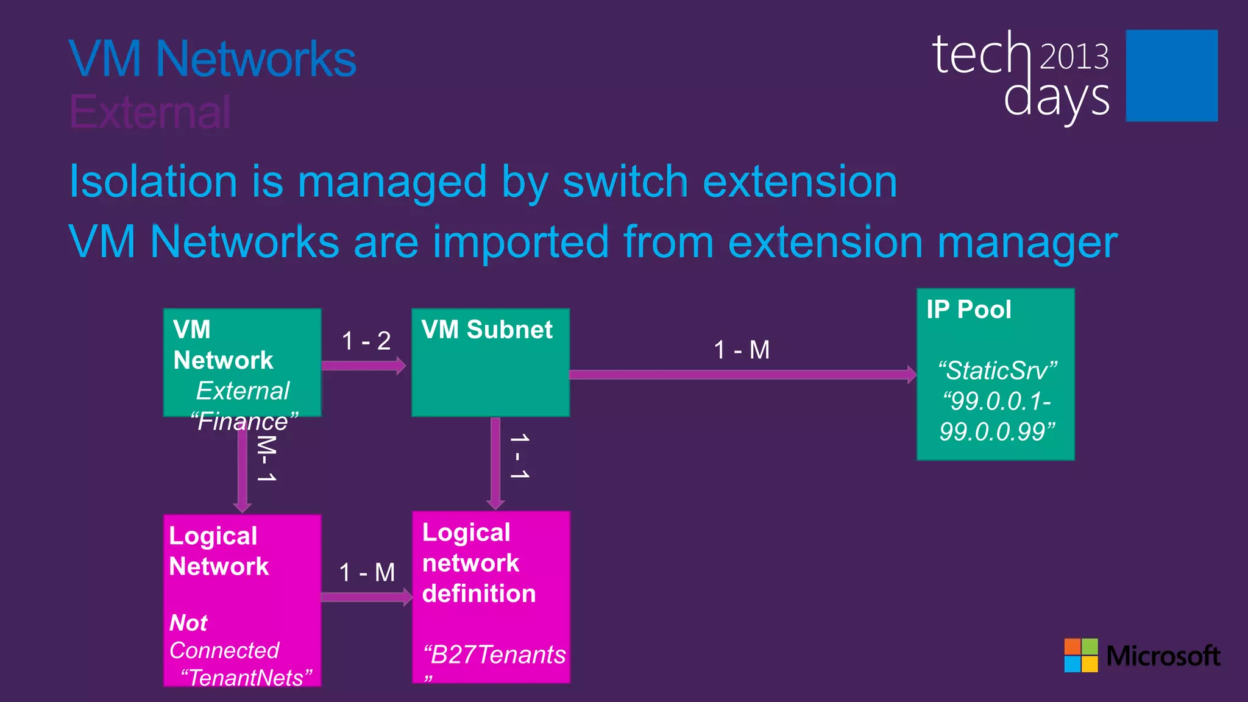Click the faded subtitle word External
[150, 112]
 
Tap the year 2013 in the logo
[1074, 57]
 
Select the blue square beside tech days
[1171, 76]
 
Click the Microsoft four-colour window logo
[1080, 655]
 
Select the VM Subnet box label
[486, 330]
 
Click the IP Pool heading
[968, 310]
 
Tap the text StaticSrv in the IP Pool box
[997, 370]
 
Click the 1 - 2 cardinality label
[366, 341]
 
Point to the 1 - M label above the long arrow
[742, 350]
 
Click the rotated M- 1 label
[266, 458]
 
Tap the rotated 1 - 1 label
[519, 456]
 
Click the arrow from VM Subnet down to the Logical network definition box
[495, 463]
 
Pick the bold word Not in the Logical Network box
[188, 623]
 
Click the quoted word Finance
[244, 422]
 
